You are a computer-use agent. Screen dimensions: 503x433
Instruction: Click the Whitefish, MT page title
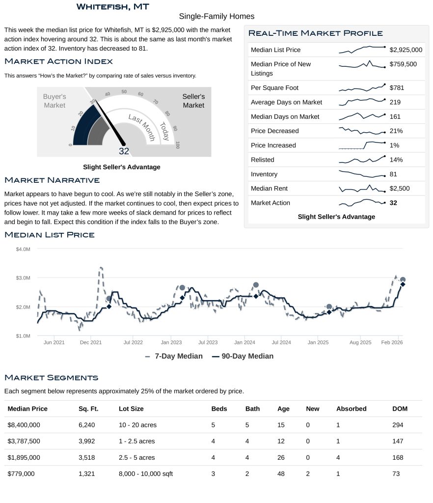click(113, 7)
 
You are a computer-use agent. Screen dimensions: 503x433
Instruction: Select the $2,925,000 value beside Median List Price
click(406, 50)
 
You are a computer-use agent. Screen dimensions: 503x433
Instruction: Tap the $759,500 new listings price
click(403, 64)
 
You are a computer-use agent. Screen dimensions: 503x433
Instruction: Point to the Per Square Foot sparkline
click(362, 88)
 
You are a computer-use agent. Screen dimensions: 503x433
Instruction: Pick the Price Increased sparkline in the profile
click(362, 145)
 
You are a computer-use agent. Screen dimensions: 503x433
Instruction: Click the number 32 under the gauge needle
click(124, 151)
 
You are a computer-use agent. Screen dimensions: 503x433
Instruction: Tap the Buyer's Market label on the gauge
click(54, 101)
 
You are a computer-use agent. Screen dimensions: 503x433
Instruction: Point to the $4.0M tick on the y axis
click(23, 250)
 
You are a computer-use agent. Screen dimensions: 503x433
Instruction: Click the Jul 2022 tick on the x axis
click(133, 342)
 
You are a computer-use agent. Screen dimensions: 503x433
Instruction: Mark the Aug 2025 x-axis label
click(360, 342)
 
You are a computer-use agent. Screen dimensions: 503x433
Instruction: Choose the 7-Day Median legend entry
click(174, 356)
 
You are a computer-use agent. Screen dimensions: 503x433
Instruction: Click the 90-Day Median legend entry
click(243, 356)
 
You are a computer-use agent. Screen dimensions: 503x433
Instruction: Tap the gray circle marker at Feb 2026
click(403, 279)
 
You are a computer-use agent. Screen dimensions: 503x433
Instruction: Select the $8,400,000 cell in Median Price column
click(24, 425)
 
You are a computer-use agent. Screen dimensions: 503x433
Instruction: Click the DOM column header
click(400, 409)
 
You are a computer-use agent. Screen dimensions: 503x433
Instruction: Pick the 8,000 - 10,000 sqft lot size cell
click(146, 474)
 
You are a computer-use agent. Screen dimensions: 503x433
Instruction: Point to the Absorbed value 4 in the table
click(338, 457)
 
